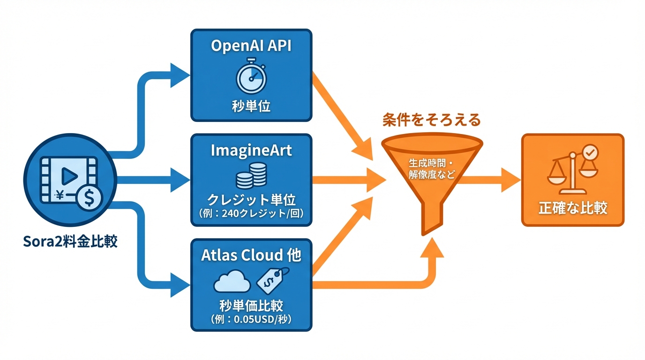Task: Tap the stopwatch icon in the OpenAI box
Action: [252, 76]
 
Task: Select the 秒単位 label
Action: [251, 106]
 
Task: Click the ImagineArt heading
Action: [251, 150]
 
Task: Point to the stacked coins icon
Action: [251, 175]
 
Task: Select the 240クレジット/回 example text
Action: [251, 214]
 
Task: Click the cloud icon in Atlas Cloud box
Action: [232, 282]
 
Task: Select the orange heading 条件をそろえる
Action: [432, 120]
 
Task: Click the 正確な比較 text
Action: [573, 208]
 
